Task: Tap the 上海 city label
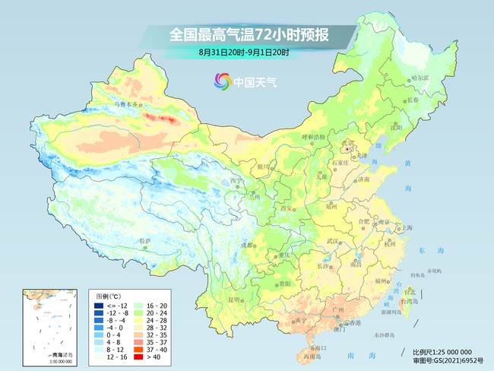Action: coord(408,227)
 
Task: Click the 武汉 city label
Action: coord(331,241)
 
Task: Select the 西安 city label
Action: coord(286,208)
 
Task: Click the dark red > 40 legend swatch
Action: coord(139,354)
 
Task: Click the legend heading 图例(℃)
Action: coord(109,295)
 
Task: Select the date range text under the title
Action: coord(243,52)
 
